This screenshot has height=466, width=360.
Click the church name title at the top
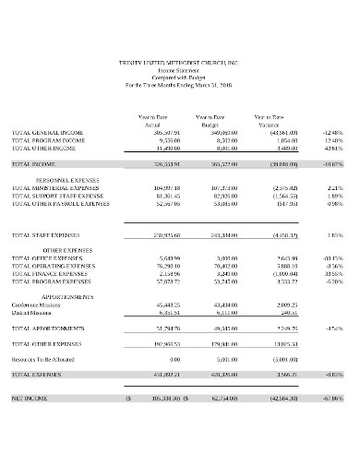(x=179, y=62)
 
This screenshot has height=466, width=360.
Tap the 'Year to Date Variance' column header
(x=270, y=120)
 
